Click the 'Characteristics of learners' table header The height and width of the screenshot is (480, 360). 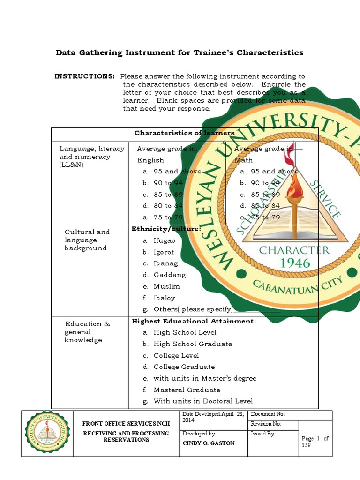(x=184, y=133)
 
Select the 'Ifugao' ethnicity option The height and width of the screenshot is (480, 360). (x=164, y=240)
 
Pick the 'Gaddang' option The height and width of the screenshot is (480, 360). (x=169, y=275)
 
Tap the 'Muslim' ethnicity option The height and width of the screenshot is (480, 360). (x=166, y=286)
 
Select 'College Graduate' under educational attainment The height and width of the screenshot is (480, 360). (x=184, y=367)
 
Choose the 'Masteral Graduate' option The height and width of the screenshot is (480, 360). (x=187, y=390)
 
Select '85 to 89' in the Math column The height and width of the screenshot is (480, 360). (x=265, y=195)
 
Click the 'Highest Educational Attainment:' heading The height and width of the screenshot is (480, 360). (x=194, y=321)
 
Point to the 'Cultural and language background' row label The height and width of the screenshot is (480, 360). (x=87, y=240)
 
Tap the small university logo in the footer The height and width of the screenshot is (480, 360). (x=47, y=434)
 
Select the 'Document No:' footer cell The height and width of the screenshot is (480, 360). (x=289, y=415)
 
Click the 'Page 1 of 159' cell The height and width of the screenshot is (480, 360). (x=315, y=442)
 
